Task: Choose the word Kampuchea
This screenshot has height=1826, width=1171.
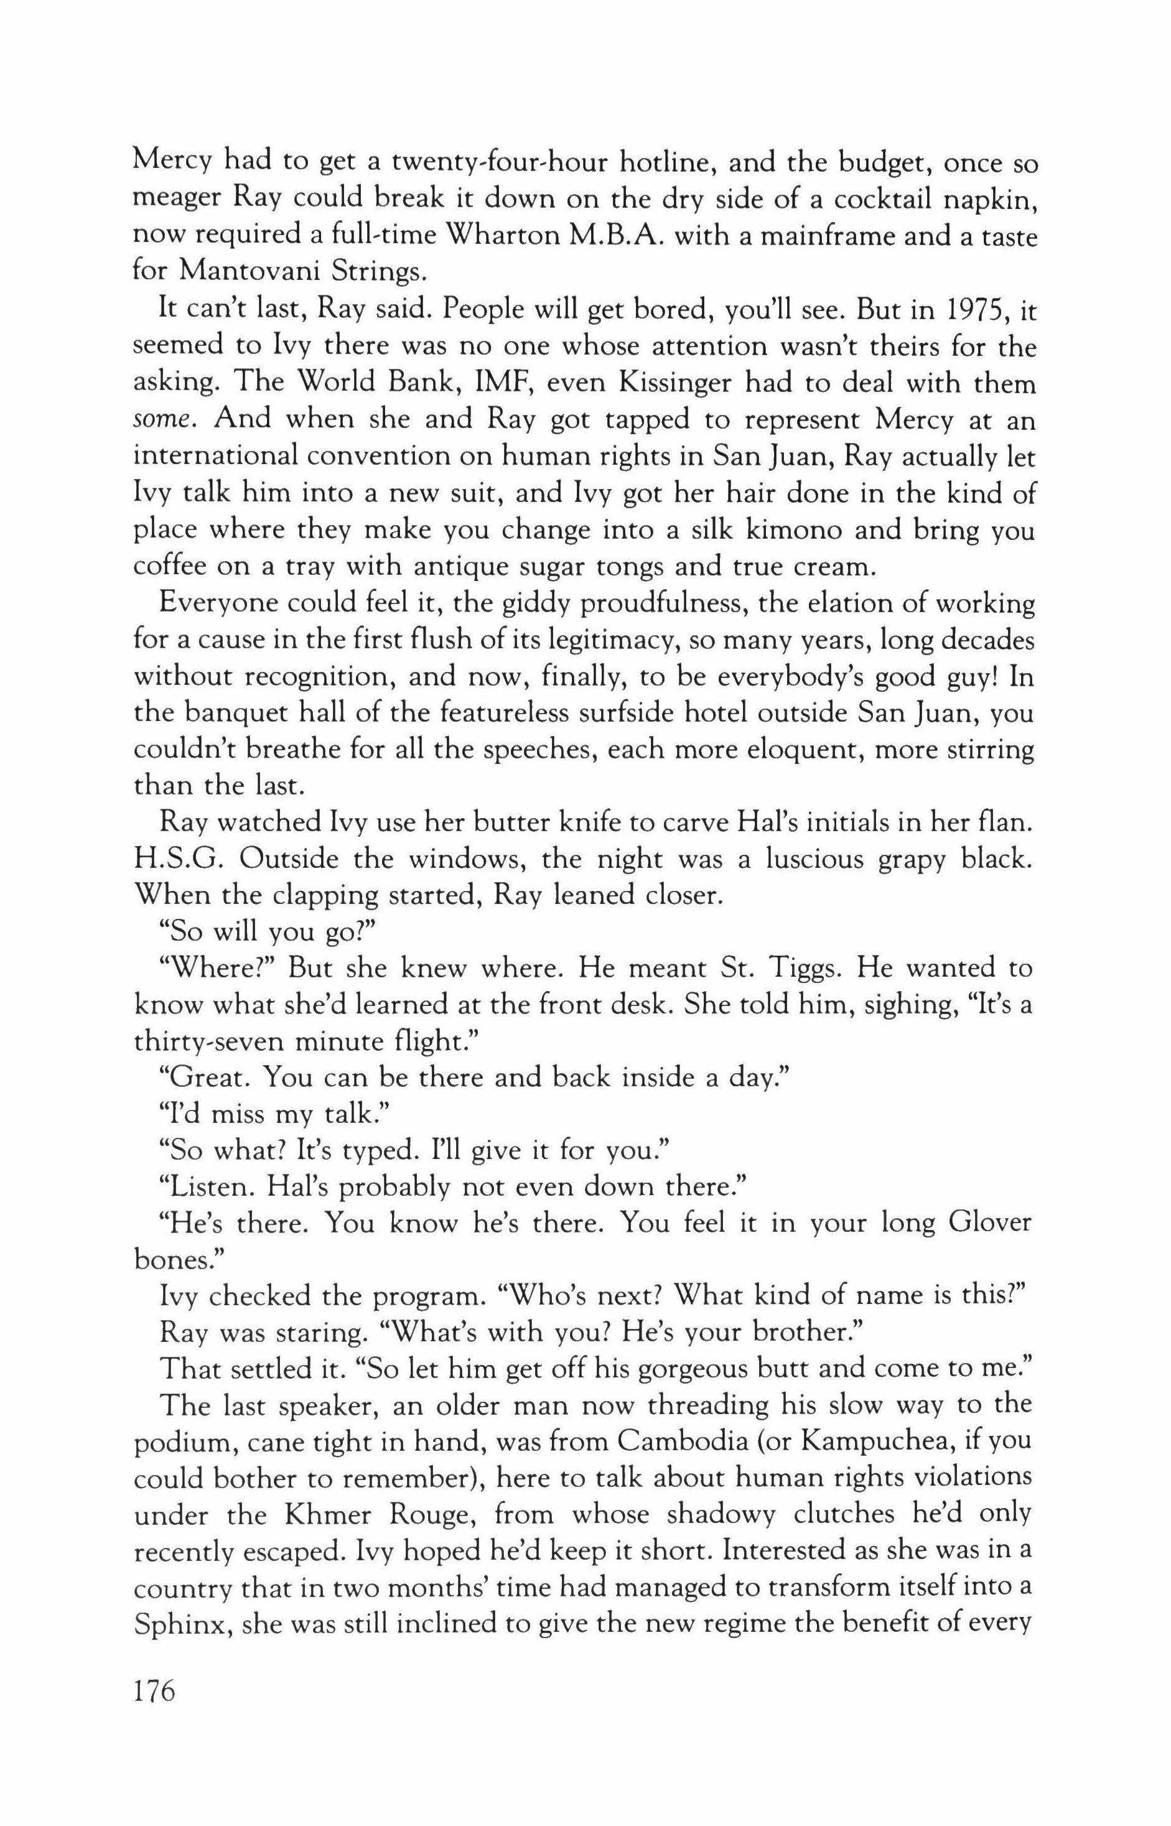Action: (865, 1443)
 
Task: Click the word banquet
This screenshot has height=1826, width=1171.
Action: (254, 713)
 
